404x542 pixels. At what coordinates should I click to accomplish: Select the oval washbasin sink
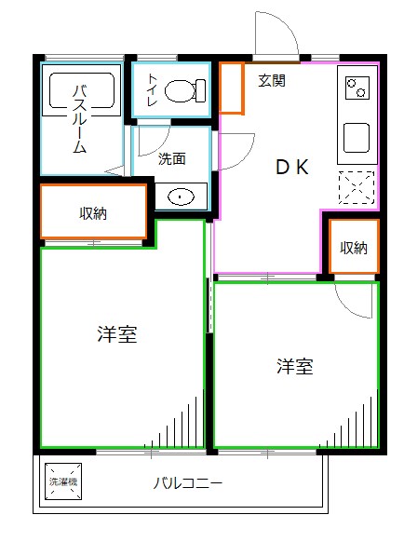tap(181, 196)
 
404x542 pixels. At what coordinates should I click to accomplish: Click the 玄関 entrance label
tap(272, 80)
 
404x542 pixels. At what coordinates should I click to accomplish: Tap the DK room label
tap(291, 167)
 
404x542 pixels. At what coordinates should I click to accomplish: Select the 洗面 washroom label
tap(171, 158)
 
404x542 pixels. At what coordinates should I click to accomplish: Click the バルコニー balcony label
tap(188, 484)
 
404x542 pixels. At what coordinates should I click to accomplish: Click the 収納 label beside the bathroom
tap(93, 213)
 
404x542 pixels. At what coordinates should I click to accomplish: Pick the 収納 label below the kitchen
tap(354, 248)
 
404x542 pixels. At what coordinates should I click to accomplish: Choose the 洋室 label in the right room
tap(294, 367)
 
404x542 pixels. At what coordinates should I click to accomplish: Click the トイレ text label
tap(152, 89)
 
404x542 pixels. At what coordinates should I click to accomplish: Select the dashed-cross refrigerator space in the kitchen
tap(357, 188)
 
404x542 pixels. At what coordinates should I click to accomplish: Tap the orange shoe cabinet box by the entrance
tap(232, 88)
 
